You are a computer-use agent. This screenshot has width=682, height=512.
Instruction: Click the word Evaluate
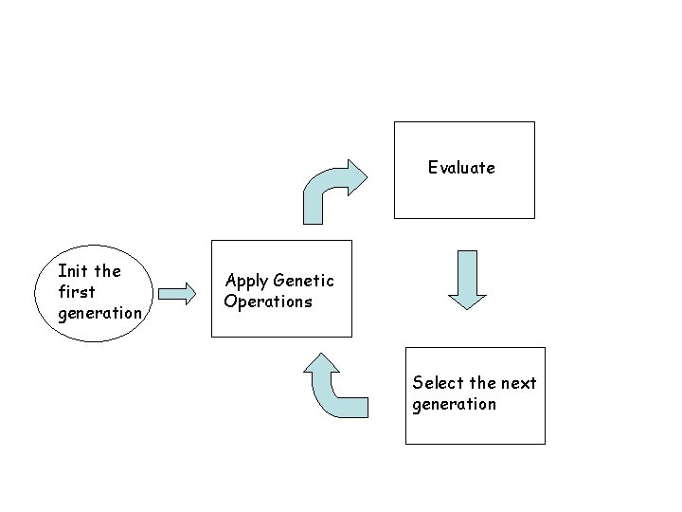460,168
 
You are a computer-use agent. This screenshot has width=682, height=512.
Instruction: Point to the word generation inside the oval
99,313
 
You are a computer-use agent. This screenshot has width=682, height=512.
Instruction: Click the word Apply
246,281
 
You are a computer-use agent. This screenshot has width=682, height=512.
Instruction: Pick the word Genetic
303,281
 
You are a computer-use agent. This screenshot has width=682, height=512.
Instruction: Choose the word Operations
268,302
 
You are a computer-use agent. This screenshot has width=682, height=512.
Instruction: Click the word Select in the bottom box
439,383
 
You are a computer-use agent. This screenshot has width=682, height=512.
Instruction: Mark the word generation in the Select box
454,404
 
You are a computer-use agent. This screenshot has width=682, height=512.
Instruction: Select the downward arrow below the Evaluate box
466,281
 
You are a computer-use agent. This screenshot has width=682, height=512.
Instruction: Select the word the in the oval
108,271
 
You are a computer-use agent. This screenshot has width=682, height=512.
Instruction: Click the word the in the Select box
482,383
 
